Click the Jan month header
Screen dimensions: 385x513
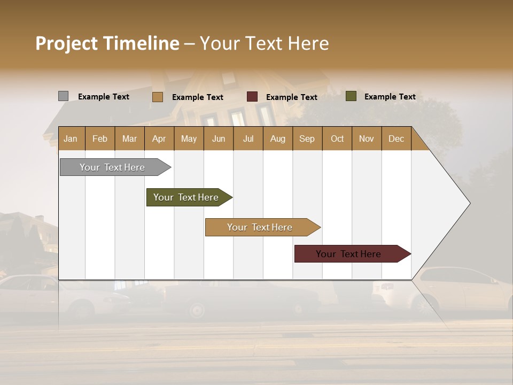71,138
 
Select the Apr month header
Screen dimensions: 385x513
159,138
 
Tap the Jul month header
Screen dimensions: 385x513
248,138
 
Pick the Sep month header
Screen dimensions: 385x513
307,138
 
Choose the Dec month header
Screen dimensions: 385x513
396,138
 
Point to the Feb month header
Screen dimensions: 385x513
100,138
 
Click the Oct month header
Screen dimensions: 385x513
337,138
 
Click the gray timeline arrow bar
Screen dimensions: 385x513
112,167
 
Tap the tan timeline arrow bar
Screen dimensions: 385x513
260,227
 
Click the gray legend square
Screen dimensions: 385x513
63,96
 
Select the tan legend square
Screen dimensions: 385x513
157,97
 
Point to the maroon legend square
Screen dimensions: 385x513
252,97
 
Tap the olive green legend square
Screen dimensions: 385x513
351,96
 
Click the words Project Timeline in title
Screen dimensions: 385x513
107,43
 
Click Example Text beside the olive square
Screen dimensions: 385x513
390,97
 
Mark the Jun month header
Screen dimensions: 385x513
219,138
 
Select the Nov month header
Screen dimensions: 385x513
367,138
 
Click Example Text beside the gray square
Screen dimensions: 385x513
104,97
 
